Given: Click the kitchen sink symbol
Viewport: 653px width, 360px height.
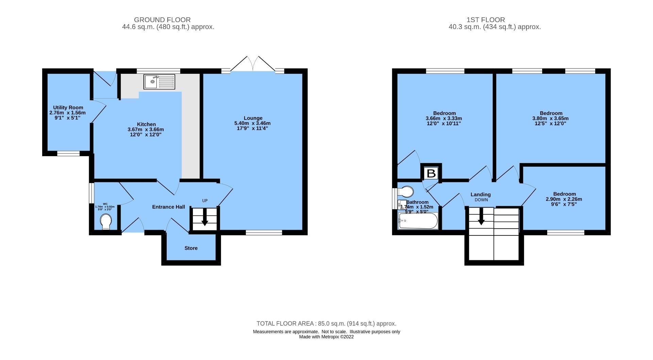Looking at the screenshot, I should click(x=159, y=82).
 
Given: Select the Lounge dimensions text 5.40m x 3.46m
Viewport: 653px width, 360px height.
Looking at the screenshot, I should click(x=252, y=123).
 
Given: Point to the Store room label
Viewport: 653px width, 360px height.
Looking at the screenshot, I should click(x=191, y=248).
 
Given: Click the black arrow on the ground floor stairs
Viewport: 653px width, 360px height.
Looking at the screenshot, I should click(x=205, y=218).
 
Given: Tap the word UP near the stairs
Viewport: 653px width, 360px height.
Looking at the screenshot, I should click(x=205, y=200).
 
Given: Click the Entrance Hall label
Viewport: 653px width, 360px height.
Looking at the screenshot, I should click(x=168, y=207).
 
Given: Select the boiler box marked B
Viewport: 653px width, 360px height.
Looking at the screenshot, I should click(x=431, y=173).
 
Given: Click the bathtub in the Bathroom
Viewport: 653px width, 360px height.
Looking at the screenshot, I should click(x=418, y=221).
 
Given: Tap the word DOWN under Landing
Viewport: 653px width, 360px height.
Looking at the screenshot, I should click(x=481, y=200).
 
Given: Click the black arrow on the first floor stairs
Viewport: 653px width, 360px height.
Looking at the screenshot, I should click(x=481, y=217).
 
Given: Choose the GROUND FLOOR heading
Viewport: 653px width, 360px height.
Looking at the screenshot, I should click(x=162, y=20).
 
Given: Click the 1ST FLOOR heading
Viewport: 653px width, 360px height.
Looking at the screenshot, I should click(x=485, y=20).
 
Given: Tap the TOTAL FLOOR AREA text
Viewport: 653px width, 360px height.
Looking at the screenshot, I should click(x=326, y=324).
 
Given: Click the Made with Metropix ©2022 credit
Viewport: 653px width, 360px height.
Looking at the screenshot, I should click(x=326, y=337).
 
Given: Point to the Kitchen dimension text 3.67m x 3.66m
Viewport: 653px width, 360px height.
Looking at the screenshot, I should click(x=146, y=129).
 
